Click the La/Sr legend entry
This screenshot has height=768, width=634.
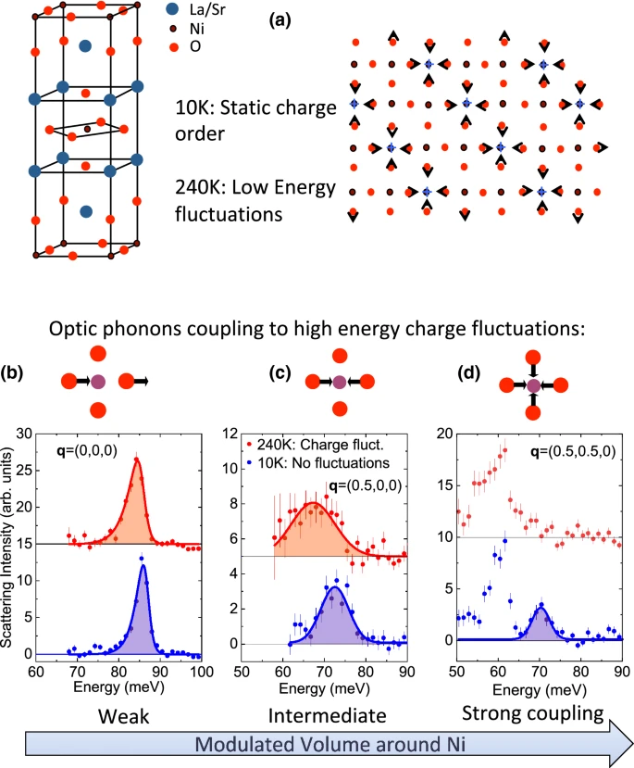[196, 9]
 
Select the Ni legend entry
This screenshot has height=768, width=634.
[187, 29]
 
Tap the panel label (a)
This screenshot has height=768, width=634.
[280, 20]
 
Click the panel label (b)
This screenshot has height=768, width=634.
[12, 372]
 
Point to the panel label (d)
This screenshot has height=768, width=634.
[468, 372]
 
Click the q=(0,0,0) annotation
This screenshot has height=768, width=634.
[87, 450]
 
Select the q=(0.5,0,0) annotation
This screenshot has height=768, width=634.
[365, 485]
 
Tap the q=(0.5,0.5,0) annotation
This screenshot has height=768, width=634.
[573, 451]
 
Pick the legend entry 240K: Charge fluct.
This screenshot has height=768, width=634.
[315, 445]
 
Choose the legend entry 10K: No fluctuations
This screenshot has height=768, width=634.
[318, 463]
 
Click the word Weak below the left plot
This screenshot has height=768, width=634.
[123, 716]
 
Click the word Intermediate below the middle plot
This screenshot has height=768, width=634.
[328, 715]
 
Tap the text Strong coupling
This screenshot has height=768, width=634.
[533, 713]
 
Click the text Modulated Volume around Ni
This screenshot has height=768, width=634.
[330, 744]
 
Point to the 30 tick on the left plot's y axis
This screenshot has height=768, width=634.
[23, 434]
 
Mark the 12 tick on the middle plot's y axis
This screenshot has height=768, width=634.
[230, 434]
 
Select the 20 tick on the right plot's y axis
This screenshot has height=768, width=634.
[444, 434]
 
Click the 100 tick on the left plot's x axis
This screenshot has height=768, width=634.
[202, 672]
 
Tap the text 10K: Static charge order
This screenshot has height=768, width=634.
[255, 120]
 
